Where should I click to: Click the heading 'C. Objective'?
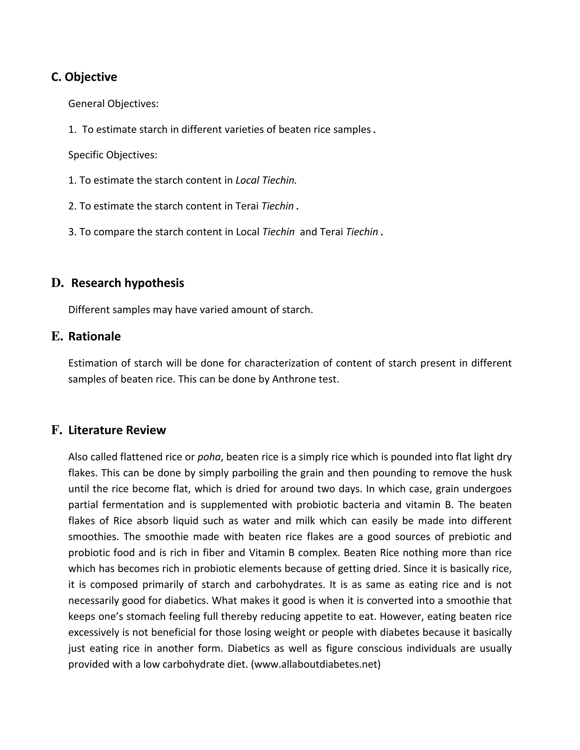[84, 77]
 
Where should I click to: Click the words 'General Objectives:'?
[113, 104]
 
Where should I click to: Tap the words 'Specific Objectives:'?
[113, 155]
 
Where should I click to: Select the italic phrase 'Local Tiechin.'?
[266, 180]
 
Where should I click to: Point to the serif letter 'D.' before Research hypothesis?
[57, 283]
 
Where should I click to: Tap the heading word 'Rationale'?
[95, 336]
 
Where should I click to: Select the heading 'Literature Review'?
[117, 430]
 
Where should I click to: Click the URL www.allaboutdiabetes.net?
[315, 665]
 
